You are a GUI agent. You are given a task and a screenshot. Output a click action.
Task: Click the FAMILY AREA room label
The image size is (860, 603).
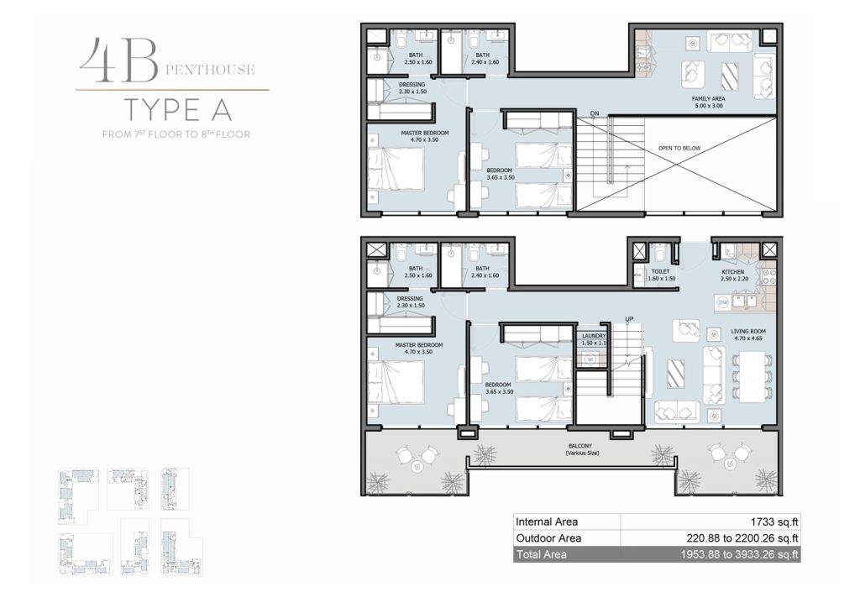pyautogui.click(x=708, y=99)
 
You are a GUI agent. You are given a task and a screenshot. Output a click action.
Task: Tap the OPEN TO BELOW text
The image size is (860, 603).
pyautogui.click(x=679, y=148)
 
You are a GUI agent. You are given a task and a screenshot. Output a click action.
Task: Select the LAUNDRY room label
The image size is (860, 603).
pyautogui.click(x=594, y=336)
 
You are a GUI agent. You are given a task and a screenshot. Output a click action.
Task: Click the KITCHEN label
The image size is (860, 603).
pyautogui.click(x=732, y=272)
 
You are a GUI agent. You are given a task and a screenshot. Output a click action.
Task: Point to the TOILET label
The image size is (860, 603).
pyautogui.click(x=660, y=271)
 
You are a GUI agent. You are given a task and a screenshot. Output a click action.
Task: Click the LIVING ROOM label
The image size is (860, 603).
pyautogui.click(x=748, y=332)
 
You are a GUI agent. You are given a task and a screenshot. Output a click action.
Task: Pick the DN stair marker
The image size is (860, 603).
pyautogui.click(x=595, y=113)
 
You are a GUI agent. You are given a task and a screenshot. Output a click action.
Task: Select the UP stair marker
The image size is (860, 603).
pyautogui.click(x=629, y=319)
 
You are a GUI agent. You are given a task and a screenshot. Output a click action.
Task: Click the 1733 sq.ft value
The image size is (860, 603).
pyautogui.click(x=774, y=522)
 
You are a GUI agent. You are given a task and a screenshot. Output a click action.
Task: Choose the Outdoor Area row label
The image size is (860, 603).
pyautogui.click(x=548, y=538)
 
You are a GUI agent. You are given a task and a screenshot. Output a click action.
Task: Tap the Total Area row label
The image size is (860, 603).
pyautogui.click(x=542, y=555)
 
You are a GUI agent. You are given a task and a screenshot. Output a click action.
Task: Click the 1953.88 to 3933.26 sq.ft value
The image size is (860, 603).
pyautogui.click(x=739, y=555)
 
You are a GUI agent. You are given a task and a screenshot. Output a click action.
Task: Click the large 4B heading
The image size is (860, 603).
pyautogui.click(x=119, y=60)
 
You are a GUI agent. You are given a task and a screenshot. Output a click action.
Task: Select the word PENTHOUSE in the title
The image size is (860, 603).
pyautogui.click(x=210, y=70)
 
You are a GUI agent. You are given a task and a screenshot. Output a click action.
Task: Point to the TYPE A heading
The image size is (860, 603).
pyautogui.click(x=178, y=110)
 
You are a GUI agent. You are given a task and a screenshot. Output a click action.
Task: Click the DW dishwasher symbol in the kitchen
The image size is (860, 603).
pyautogui.click(x=723, y=302)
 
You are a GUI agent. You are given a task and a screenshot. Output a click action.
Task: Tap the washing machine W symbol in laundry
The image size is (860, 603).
pyautogui.click(x=590, y=359)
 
